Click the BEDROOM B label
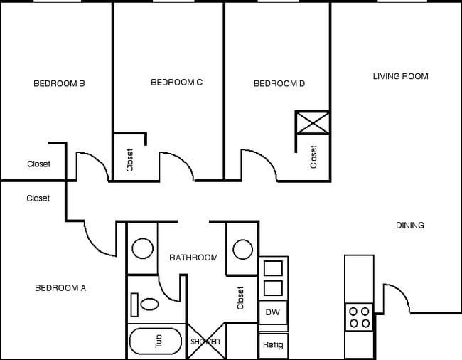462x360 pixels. (60, 83)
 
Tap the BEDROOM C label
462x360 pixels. (177, 83)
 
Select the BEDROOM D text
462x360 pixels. (279, 84)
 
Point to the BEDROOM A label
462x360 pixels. (60, 288)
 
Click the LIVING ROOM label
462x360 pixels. (401, 76)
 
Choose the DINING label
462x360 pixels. (410, 226)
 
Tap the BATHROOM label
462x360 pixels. (193, 258)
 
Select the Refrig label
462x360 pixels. (273, 346)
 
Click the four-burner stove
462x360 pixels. (359, 316)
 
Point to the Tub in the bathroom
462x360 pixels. (156, 342)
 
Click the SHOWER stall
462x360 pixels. (205, 342)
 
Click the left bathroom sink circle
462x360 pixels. (143, 248)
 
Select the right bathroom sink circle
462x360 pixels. (242, 249)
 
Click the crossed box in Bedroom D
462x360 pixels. (313, 122)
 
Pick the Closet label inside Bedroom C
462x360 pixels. (129, 160)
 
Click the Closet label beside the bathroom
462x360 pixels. (240, 298)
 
